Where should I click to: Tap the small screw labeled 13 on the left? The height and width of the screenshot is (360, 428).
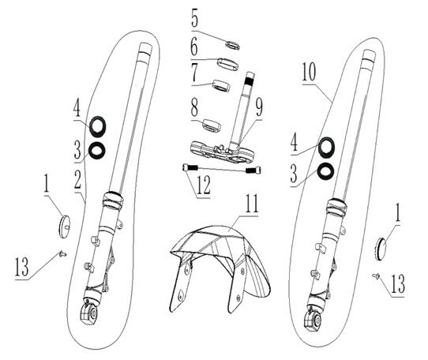pos(61,253)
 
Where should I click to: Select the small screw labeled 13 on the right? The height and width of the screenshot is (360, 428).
pos(377,276)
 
